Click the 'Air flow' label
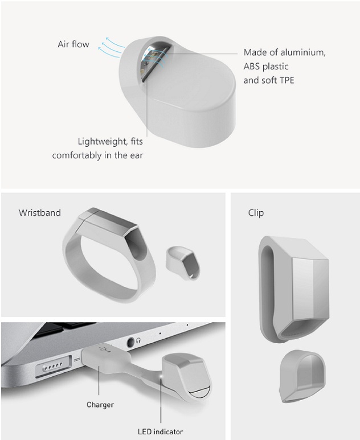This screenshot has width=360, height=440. (x=73, y=44)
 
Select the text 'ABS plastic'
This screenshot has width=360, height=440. (x=266, y=67)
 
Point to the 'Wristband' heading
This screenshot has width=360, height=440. (x=40, y=213)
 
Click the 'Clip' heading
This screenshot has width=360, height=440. (x=256, y=213)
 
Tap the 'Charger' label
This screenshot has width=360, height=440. (x=100, y=405)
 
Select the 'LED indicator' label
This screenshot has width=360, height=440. (x=160, y=431)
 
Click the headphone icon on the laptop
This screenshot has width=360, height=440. (x=138, y=340)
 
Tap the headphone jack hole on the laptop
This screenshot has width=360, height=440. (x=130, y=342)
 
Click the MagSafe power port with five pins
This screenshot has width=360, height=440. (x=54, y=366)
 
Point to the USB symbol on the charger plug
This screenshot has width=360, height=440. (x=104, y=349)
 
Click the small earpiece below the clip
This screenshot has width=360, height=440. (x=302, y=376)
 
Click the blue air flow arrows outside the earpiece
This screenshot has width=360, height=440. (x=111, y=47)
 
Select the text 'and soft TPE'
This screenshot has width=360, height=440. (x=269, y=80)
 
